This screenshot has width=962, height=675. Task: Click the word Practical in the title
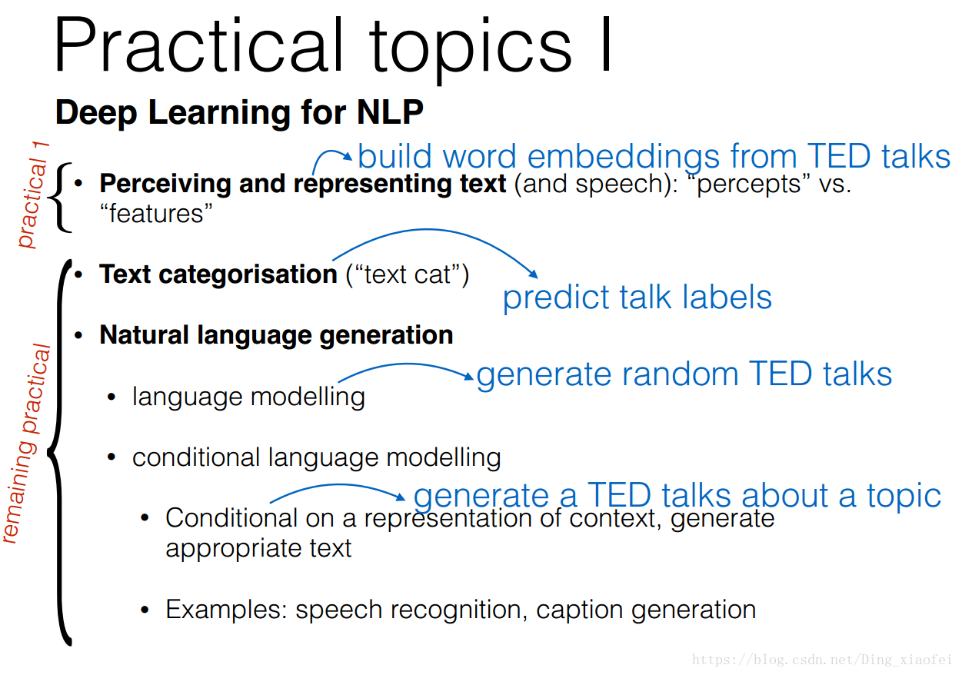point(198,45)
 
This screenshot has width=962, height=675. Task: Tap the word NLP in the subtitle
point(390,112)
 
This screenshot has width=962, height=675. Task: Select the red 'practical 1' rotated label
point(34,195)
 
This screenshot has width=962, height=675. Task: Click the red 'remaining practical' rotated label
point(27,443)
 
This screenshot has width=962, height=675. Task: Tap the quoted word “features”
point(156,214)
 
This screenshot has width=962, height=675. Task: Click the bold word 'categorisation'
point(248,274)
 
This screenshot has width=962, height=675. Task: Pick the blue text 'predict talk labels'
point(637,298)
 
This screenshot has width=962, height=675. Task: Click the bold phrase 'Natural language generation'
point(276,335)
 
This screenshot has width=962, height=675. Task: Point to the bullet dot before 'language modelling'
point(112,397)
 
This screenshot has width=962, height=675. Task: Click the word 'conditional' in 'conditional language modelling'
point(196,457)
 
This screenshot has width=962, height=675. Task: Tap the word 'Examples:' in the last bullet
point(226,610)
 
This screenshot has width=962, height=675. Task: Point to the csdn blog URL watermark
point(822,659)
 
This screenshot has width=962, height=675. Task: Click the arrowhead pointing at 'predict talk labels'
point(534,274)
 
